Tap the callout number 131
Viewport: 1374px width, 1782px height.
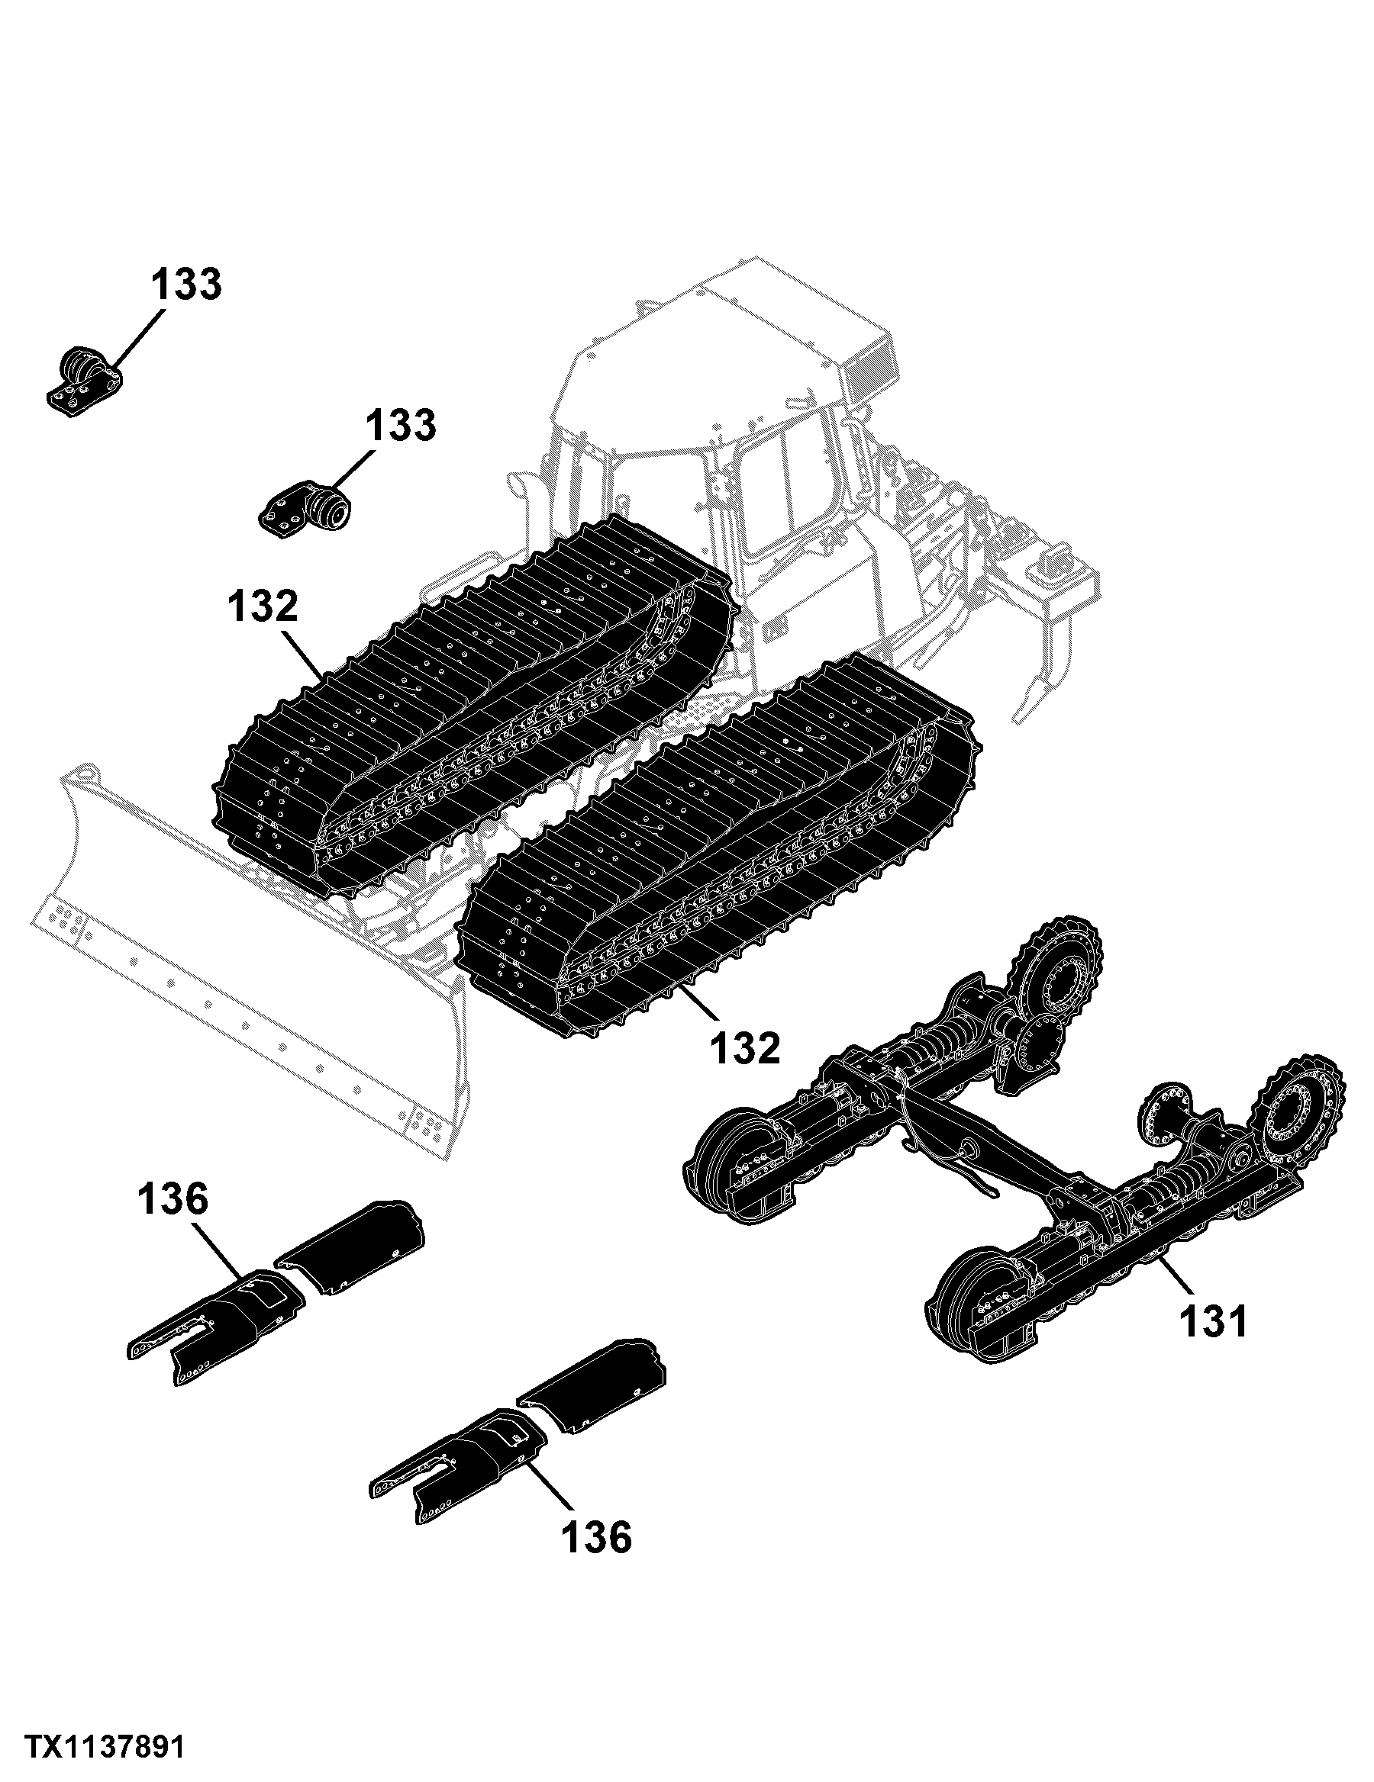(x=1213, y=1321)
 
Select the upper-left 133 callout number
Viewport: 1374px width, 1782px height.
(x=186, y=285)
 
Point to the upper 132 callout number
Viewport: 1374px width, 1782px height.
(x=263, y=608)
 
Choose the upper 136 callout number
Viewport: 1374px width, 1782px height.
(x=173, y=1200)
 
